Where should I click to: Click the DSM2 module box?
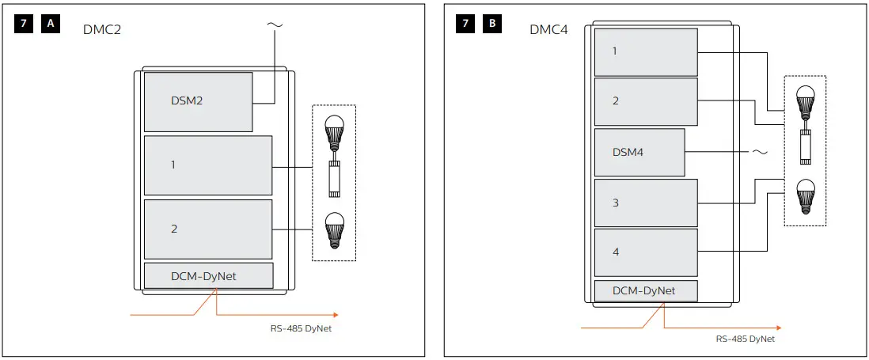pyautogui.click(x=198, y=102)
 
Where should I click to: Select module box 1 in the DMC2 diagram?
pyautogui.click(x=208, y=165)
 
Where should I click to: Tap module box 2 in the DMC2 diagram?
pyautogui.click(x=208, y=229)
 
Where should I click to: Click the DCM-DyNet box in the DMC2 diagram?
pyautogui.click(x=208, y=276)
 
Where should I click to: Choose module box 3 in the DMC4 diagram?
pyautogui.click(x=646, y=203)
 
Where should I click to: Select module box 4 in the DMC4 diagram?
pyautogui.click(x=646, y=252)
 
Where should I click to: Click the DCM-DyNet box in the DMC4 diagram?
pyautogui.click(x=646, y=290)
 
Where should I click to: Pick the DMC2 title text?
pyautogui.click(x=101, y=29)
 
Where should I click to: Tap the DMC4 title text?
pyautogui.click(x=548, y=29)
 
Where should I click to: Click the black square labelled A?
pyautogui.click(x=51, y=24)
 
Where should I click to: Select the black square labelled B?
pyautogui.click(x=492, y=24)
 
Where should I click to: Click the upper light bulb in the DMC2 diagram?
pyautogui.click(x=335, y=131)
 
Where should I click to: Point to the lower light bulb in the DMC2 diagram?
pyautogui.click(x=335, y=229)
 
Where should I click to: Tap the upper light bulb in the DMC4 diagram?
pyautogui.click(x=805, y=100)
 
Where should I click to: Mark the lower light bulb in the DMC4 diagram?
pyautogui.click(x=805, y=194)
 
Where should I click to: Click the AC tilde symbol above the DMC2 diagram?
pyautogui.click(x=274, y=25)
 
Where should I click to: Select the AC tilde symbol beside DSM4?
pyautogui.click(x=758, y=151)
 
